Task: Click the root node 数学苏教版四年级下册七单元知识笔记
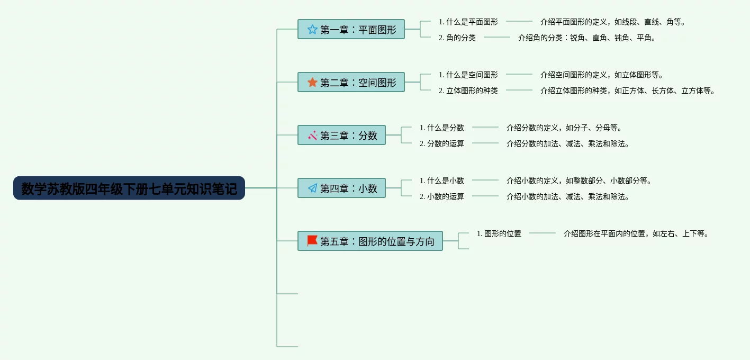(129, 188)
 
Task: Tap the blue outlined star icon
(312, 30)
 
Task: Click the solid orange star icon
(312, 82)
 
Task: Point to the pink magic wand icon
(312, 135)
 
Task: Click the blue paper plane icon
(312, 188)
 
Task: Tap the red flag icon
(312, 241)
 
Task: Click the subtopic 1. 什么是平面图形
(468, 22)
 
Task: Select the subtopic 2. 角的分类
(457, 38)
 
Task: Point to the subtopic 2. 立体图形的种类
(468, 91)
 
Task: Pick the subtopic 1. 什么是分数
(441, 128)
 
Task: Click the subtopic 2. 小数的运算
(441, 196)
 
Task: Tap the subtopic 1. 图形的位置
(499, 233)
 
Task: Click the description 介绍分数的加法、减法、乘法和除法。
(567, 143)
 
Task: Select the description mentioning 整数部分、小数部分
(579, 181)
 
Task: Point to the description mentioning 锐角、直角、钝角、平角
(586, 38)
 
